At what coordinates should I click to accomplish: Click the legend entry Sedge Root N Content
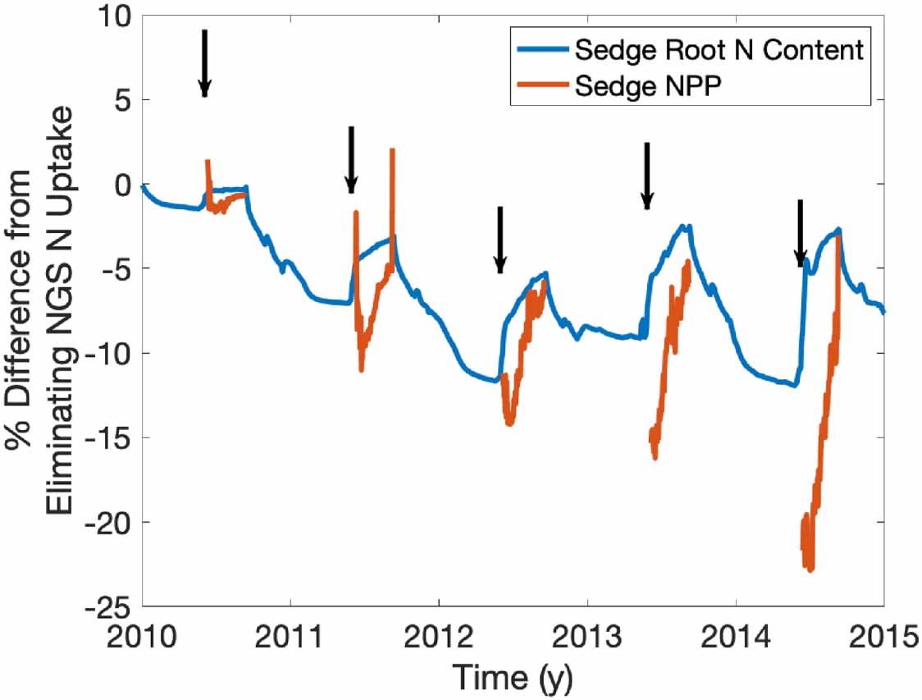click(x=719, y=50)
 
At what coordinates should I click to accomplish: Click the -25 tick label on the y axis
click(x=110, y=606)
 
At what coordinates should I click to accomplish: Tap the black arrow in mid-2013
click(x=646, y=176)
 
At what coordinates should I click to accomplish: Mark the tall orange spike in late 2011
click(x=393, y=153)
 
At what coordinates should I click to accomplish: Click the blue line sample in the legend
click(x=542, y=50)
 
